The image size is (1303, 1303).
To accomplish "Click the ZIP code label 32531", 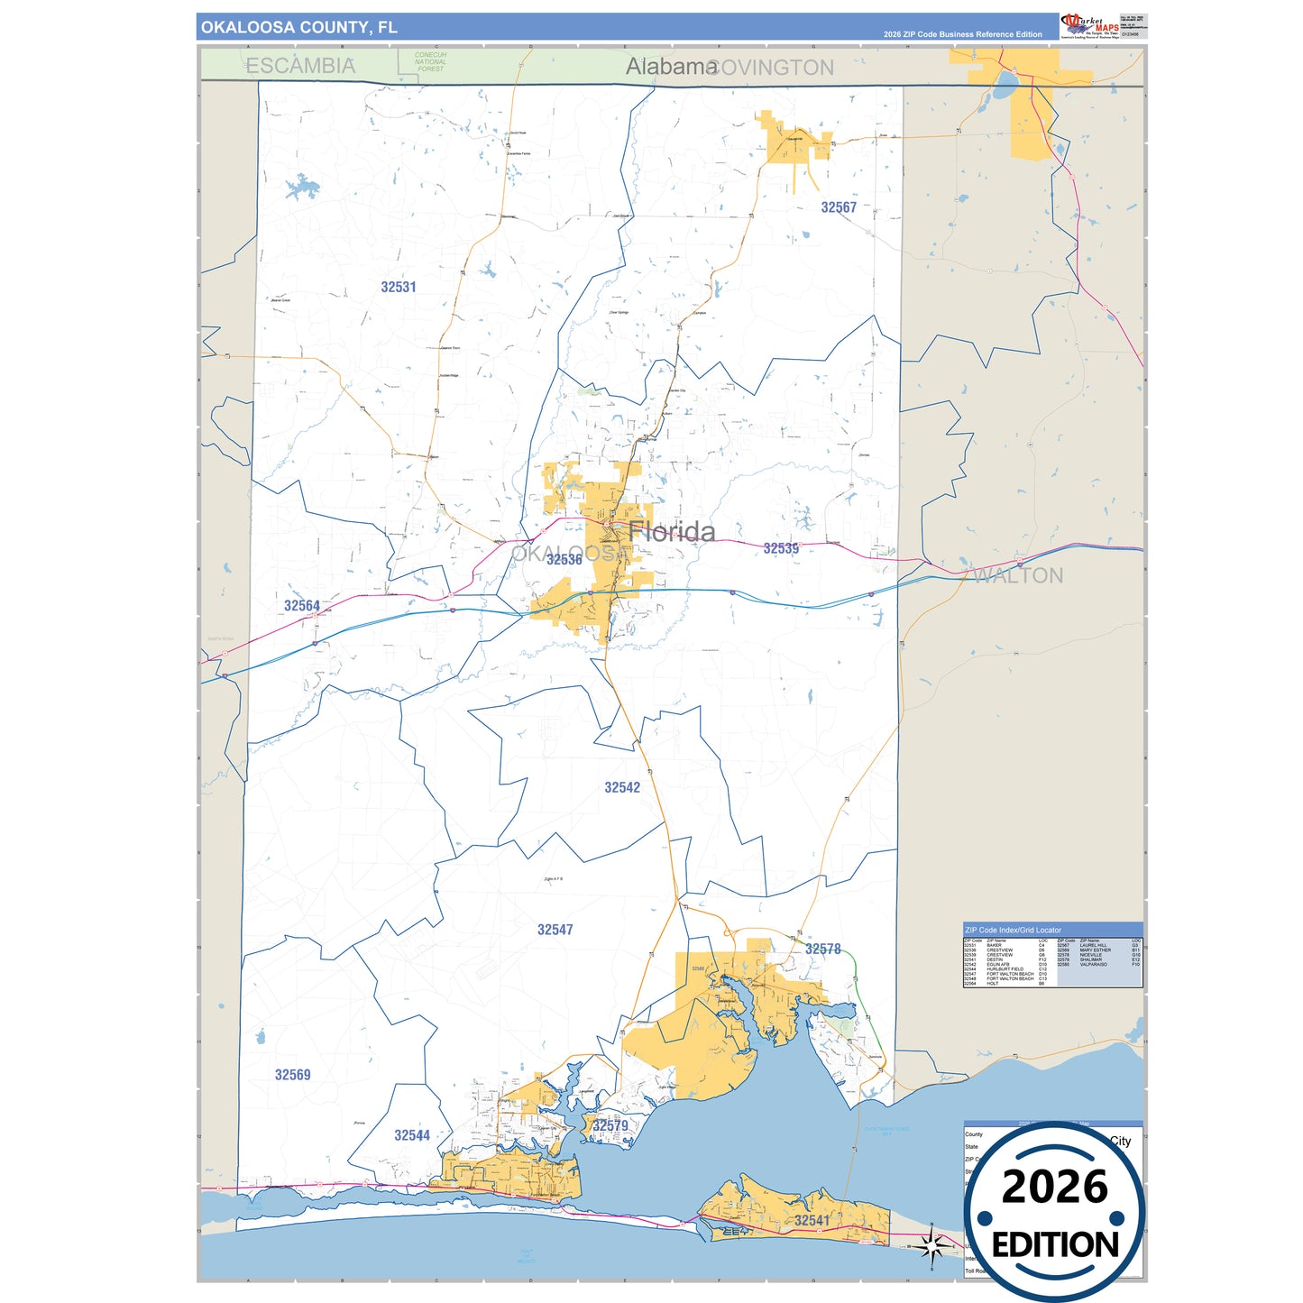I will (398, 288).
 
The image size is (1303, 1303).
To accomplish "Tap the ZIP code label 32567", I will (838, 207).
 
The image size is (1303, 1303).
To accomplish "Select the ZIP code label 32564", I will (302, 606).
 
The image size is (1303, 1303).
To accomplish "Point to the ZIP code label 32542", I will (622, 787).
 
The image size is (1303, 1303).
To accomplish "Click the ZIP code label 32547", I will (555, 930).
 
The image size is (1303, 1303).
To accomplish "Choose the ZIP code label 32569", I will (292, 1075).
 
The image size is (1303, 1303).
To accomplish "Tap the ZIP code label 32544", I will (412, 1135).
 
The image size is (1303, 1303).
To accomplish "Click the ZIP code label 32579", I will (610, 1125).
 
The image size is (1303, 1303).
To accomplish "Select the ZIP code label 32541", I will (812, 1220).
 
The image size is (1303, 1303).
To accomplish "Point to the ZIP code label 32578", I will (822, 950).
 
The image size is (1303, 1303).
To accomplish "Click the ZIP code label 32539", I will (781, 548).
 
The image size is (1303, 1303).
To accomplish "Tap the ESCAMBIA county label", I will (300, 66).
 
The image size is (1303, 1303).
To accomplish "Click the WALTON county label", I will (1018, 575).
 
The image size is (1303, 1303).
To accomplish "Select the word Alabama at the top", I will (671, 67).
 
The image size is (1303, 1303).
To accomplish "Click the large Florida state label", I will (672, 532).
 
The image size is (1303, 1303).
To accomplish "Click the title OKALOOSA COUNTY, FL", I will (298, 27).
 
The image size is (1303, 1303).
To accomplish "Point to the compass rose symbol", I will (931, 1246).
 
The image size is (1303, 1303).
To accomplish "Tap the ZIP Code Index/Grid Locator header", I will (1013, 930).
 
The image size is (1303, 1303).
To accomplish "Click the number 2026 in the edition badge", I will (1054, 1187).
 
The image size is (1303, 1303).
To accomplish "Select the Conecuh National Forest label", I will (430, 61).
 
